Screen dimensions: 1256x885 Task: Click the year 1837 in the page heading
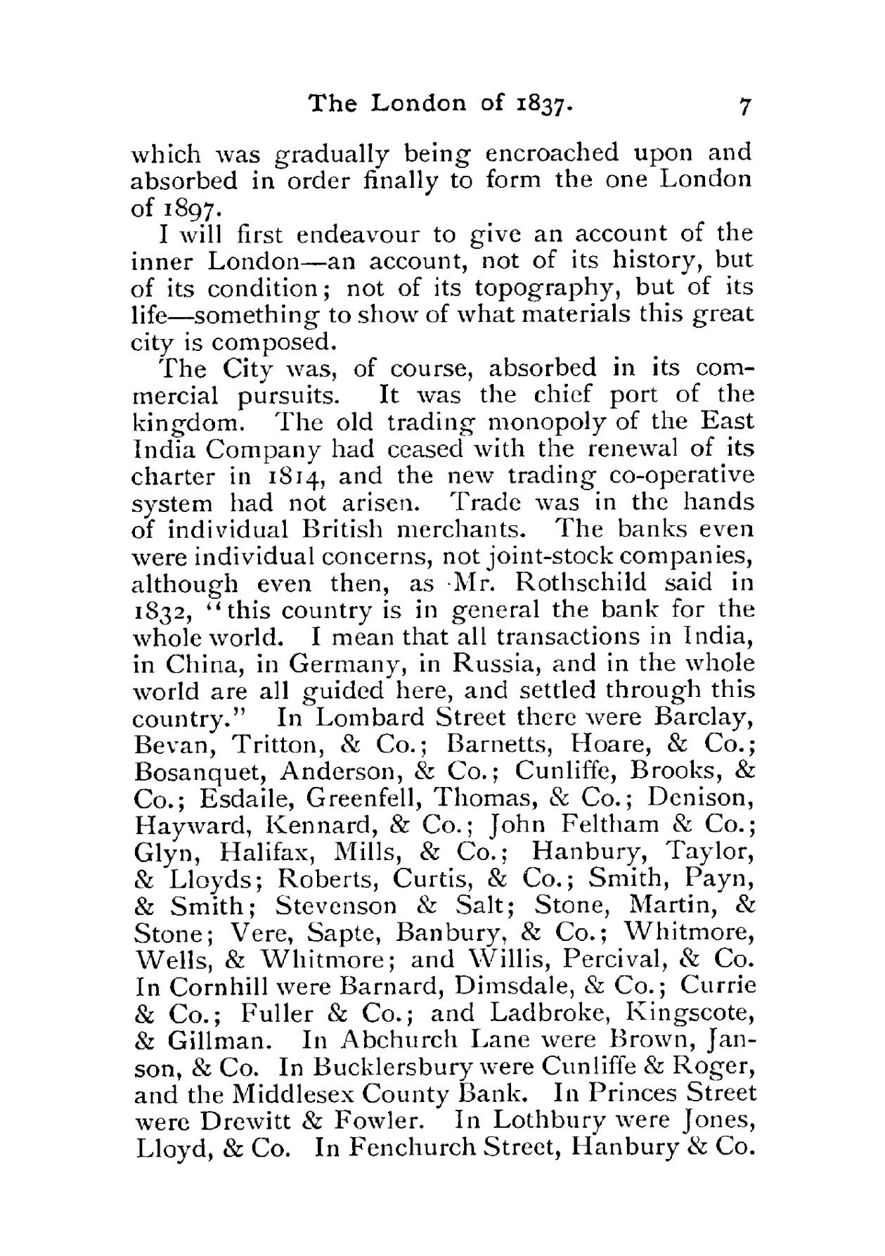tap(543, 104)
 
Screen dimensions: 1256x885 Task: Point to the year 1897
tap(188, 208)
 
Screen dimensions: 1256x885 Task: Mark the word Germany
tap(346, 664)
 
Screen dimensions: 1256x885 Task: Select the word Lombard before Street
tap(371, 718)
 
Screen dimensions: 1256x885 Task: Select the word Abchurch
tap(397, 1040)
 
